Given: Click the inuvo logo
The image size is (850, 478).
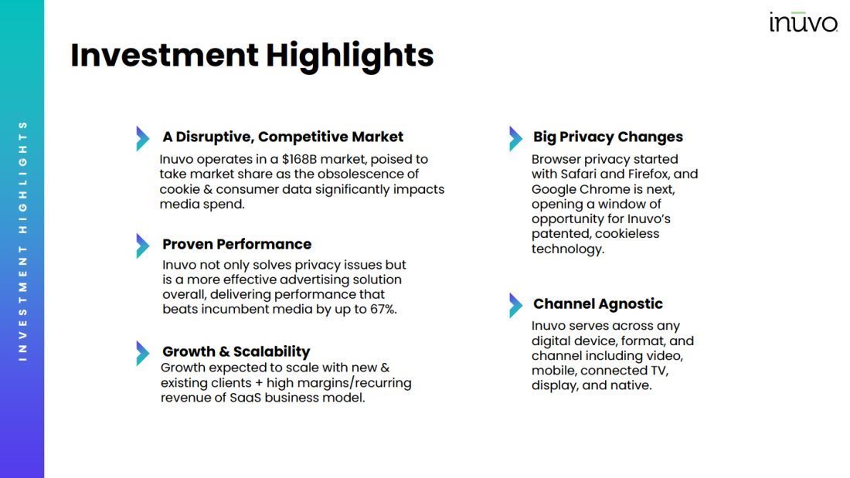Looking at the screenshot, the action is [804, 22].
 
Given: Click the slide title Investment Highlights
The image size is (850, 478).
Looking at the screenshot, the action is [252, 56].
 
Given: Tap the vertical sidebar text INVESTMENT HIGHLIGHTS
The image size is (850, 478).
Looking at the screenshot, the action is [22, 241].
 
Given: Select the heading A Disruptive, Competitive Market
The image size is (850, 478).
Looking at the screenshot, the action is [282, 137].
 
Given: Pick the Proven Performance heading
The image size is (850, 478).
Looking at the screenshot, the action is [237, 244].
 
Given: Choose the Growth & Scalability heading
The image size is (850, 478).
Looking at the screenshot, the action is [236, 351].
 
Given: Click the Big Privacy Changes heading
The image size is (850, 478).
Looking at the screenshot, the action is [607, 137].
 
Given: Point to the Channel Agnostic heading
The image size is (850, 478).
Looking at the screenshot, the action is [597, 303].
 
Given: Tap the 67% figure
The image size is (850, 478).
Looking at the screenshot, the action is [384, 309].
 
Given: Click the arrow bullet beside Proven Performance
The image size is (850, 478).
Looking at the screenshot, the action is [143, 246].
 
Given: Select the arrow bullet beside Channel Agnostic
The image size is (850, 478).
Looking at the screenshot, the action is [515, 305].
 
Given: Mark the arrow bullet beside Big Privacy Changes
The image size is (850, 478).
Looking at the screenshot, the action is [515, 139].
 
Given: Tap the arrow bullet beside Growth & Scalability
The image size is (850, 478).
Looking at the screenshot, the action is [143, 354].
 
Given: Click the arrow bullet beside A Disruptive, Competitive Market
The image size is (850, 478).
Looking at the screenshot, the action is [143, 139].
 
